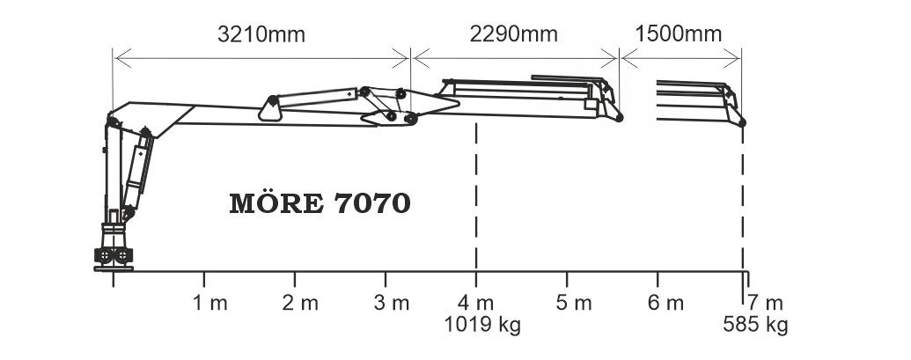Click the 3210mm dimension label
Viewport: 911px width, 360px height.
point(261,34)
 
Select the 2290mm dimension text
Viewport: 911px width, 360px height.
point(514,34)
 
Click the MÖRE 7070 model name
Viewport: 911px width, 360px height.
point(320,203)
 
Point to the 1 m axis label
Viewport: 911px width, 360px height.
point(209,303)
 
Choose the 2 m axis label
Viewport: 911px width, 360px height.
point(300,303)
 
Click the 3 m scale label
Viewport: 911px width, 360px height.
point(392,303)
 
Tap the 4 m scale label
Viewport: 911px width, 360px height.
point(476,303)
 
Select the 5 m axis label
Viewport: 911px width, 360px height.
point(573,303)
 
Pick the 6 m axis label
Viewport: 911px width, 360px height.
point(665,303)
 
